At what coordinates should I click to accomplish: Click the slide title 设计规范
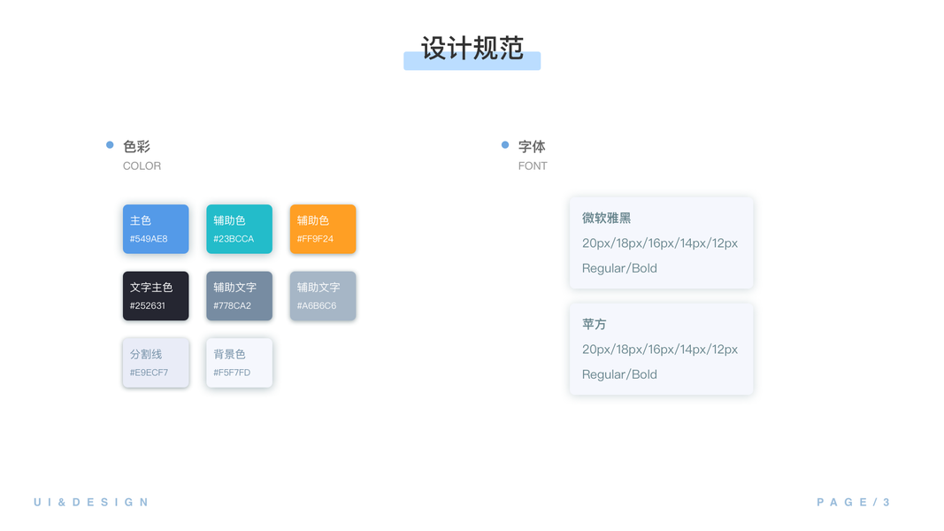pos(472,49)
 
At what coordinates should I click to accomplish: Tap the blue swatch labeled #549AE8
pos(156,229)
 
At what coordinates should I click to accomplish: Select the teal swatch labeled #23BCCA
pos(239,229)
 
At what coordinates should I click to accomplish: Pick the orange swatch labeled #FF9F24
pos(323,229)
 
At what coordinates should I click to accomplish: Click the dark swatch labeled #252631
pos(156,296)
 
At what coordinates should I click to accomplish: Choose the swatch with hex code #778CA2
pos(239,296)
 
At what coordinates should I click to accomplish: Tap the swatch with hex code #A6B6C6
pos(323,296)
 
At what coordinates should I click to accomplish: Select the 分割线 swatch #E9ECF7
pos(156,363)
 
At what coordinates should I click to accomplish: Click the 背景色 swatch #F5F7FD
pos(239,363)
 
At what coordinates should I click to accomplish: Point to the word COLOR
pos(142,166)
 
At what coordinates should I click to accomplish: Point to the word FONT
pos(533,166)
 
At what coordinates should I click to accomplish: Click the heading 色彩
pos(136,147)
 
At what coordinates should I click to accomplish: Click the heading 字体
pos(532,147)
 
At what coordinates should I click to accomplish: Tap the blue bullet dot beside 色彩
pos(110,145)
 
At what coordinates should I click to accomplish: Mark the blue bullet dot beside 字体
pos(505,145)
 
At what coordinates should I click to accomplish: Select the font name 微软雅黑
pos(606,219)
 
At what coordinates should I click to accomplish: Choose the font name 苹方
pos(594,325)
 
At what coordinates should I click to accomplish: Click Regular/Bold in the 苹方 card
pos(619,374)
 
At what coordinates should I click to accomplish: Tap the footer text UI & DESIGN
pos(91,503)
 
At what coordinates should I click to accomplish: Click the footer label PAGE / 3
pos(853,503)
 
